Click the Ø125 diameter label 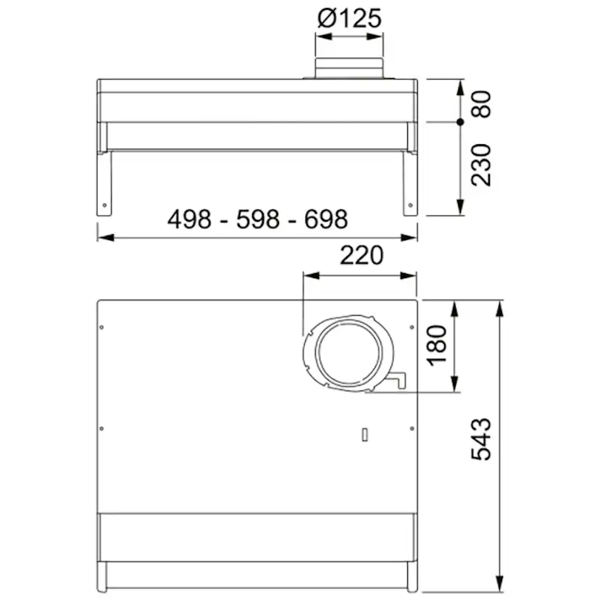coord(349,19)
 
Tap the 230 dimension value coord(480,164)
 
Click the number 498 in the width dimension coord(190,218)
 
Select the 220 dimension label coord(360,255)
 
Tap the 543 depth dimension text coord(481,438)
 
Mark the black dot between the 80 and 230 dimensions coord(460,122)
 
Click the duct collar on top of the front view coord(349,69)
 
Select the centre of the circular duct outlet coord(349,354)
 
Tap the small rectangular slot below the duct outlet coord(365,435)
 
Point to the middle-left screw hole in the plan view coord(101,428)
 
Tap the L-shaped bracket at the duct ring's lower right coord(399,380)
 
